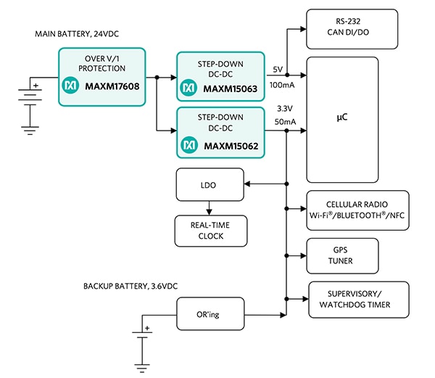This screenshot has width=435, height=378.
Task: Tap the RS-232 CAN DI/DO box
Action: click(352, 28)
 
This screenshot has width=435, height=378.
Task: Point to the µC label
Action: click(341, 118)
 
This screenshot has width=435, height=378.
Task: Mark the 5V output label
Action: click(278, 69)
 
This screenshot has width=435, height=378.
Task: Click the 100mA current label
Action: click(283, 86)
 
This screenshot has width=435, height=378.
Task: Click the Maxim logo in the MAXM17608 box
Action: click(70, 86)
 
